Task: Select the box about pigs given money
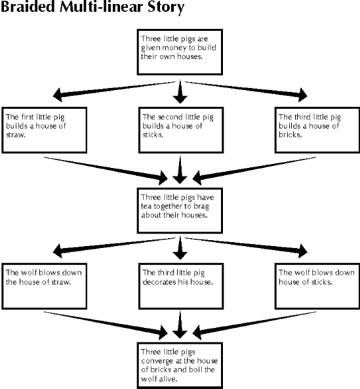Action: [180, 51]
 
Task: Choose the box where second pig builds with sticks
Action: [180, 129]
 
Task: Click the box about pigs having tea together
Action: [180, 210]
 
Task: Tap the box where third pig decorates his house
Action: [180, 287]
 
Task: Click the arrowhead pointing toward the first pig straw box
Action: [59, 94]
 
